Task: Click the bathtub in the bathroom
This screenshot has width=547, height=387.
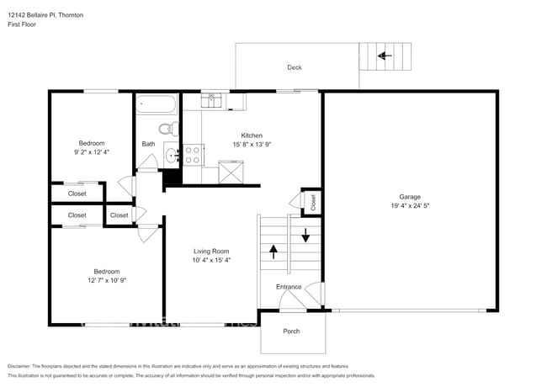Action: click(157, 106)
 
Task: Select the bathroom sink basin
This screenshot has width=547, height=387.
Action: click(171, 155)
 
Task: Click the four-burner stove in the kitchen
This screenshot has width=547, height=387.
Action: click(193, 155)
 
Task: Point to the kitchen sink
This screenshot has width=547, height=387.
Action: click(212, 101)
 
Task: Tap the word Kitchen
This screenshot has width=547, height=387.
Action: click(252, 135)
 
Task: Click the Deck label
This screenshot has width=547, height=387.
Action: click(294, 67)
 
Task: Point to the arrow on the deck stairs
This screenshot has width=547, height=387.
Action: click(385, 56)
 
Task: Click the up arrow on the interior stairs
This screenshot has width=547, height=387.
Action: click(273, 249)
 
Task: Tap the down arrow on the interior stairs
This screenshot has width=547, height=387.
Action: click(305, 235)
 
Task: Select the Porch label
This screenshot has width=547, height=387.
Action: click(291, 331)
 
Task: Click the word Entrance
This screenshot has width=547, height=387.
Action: click(289, 287)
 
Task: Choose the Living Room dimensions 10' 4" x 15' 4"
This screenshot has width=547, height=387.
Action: click(212, 260)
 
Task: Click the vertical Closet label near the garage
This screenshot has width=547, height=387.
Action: click(312, 202)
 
